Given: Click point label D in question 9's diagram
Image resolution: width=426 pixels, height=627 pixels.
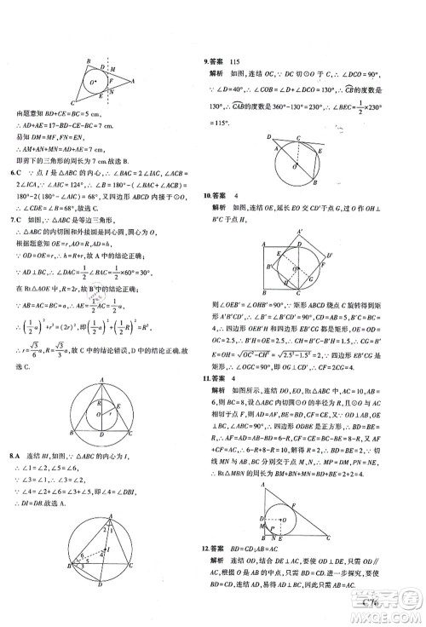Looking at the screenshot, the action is (x=269, y=135).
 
